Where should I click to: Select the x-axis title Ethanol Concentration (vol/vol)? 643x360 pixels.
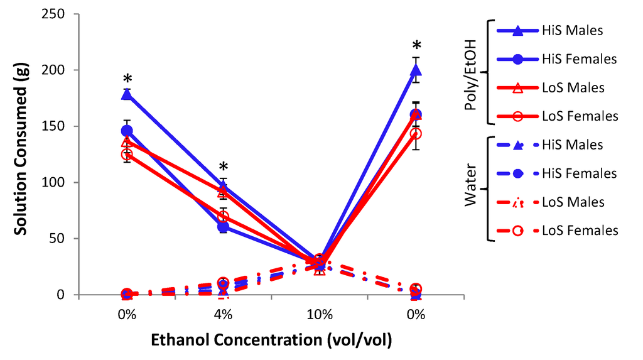(271, 341)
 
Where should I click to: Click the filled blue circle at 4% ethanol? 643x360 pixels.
(223, 227)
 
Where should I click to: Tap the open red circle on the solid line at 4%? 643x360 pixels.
(223, 217)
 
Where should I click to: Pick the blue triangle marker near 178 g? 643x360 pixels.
(127, 94)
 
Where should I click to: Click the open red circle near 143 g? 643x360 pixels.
(415, 134)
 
